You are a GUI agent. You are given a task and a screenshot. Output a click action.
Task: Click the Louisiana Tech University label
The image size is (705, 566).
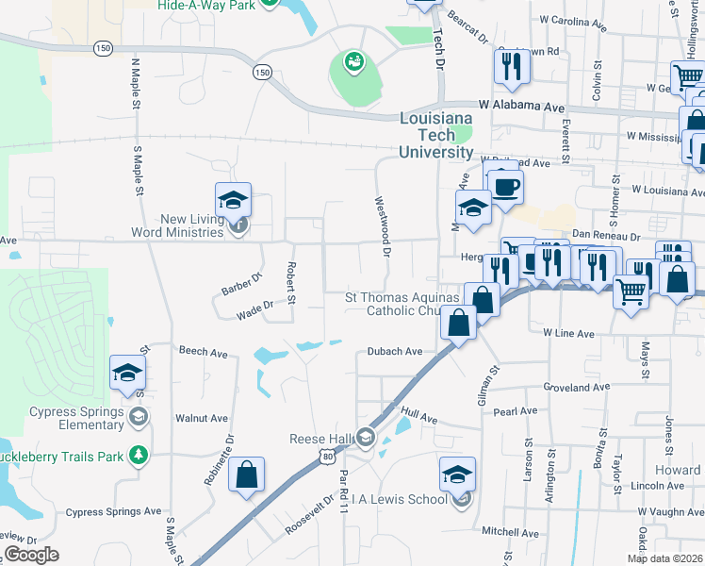point(435,136)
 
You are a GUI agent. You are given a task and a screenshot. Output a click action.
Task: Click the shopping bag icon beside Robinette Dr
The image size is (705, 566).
point(246,476)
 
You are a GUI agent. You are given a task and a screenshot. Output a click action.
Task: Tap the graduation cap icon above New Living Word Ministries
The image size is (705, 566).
point(233,200)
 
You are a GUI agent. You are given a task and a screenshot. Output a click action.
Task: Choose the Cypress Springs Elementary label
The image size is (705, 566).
point(76,418)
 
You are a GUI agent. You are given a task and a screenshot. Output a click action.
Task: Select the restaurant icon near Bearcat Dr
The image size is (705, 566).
point(512,65)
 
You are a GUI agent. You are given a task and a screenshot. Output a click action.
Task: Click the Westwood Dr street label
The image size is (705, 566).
point(384,226)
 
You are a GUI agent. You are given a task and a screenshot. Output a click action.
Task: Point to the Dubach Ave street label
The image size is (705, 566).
point(394,351)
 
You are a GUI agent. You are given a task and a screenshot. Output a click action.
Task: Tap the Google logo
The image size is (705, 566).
point(30,555)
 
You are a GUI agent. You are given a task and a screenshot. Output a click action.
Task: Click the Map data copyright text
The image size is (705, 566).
point(664,558)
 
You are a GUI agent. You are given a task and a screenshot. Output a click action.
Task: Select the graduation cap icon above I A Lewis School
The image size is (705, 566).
point(457,474)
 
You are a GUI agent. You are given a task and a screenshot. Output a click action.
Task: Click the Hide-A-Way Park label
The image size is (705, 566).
point(205,5)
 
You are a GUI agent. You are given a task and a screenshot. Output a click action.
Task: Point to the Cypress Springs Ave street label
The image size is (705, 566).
point(113,511)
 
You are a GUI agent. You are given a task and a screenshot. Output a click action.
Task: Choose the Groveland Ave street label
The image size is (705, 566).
point(578,387)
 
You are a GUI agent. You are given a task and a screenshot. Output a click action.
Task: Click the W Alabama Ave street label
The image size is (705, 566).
point(515,108)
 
